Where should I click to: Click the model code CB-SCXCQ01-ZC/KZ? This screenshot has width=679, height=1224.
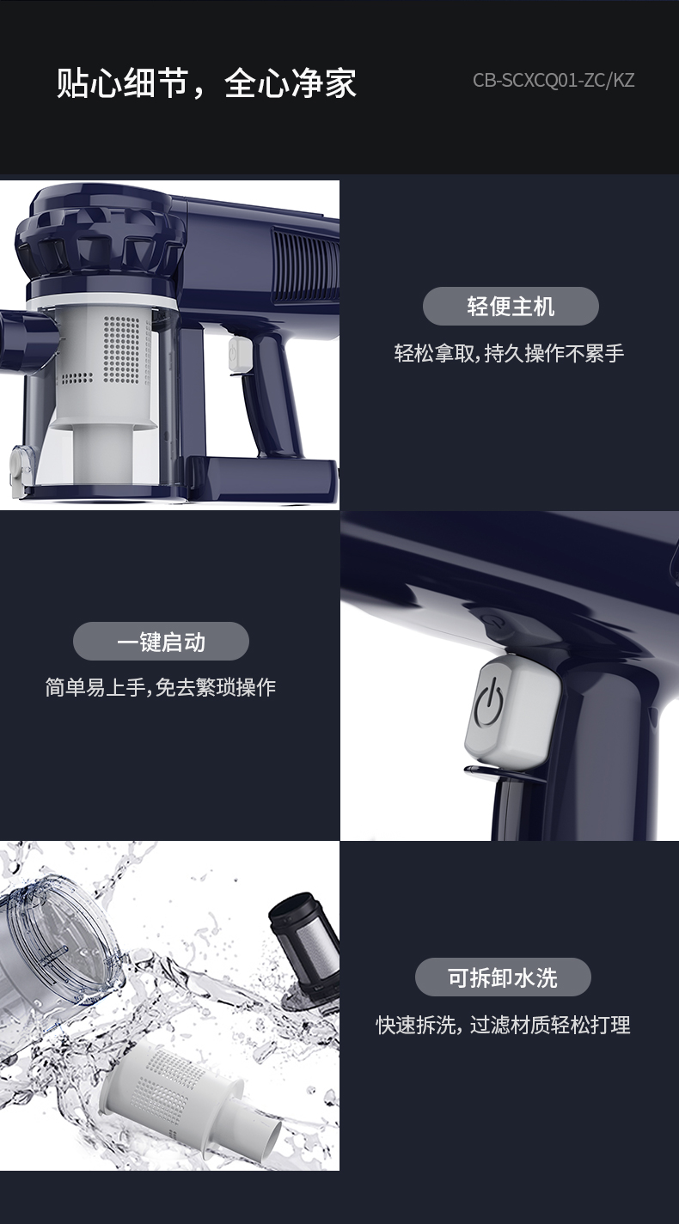tap(554, 81)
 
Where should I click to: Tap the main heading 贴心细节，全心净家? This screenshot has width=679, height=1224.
tap(206, 83)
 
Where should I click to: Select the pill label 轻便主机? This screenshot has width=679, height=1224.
tap(511, 306)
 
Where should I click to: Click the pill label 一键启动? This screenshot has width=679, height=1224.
tap(161, 642)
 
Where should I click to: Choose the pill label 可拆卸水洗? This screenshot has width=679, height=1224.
tap(503, 977)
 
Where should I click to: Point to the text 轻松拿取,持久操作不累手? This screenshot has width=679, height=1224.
tap(509, 354)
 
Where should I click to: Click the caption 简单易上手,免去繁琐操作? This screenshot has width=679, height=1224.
tap(160, 687)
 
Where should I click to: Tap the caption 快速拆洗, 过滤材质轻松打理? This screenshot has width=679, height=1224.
tap(503, 1025)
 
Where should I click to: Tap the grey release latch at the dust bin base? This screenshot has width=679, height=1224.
tap(21, 471)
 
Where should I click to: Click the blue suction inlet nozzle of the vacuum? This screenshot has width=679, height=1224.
tap(28, 338)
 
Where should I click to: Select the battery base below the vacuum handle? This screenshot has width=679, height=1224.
tap(261, 478)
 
